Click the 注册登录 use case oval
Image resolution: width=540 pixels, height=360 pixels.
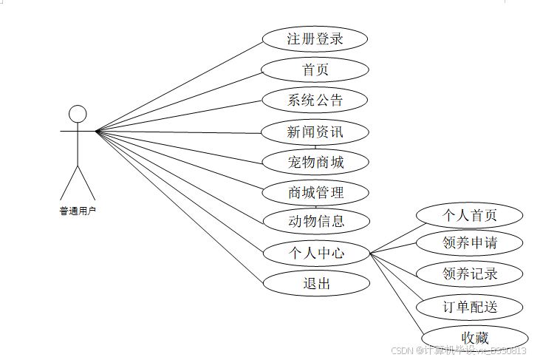click(315, 39)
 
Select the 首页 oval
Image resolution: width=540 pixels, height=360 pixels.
click(315, 70)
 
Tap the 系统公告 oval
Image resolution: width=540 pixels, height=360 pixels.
click(315, 100)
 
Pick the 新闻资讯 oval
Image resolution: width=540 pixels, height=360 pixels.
click(315, 132)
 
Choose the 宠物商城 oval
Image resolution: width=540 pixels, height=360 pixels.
click(315, 161)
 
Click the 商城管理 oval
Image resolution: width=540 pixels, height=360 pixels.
click(315, 193)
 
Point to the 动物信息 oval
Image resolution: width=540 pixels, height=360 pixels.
click(315, 220)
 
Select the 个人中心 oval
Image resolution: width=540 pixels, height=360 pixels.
click(315, 253)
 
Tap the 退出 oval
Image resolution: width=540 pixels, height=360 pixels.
click(315, 283)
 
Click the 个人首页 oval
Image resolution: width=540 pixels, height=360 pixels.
click(469, 215)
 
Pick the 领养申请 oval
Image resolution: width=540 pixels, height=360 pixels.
click(469, 242)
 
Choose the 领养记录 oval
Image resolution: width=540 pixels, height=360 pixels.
click(469, 274)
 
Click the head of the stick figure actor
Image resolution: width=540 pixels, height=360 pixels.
click(78, 113)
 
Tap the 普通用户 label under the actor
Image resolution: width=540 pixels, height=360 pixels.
click(78, 211)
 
